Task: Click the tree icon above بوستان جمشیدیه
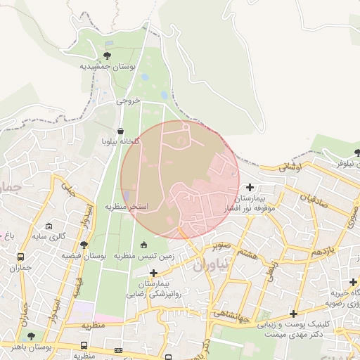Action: tap(107, 55)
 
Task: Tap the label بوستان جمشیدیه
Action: tap(106, 66)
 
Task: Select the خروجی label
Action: tap(129, 101)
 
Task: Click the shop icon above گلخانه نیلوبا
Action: tap(121, 131)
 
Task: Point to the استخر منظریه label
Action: tap(127, 207)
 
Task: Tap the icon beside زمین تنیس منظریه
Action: tap(144, 245)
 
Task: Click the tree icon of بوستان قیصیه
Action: tap(84, 245)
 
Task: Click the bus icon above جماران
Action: tap(20, 257)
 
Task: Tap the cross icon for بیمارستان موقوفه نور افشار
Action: tap(251, 187)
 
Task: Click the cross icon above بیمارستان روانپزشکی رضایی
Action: tap(153, 272)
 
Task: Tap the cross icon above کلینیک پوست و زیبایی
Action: tap(293, 313)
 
